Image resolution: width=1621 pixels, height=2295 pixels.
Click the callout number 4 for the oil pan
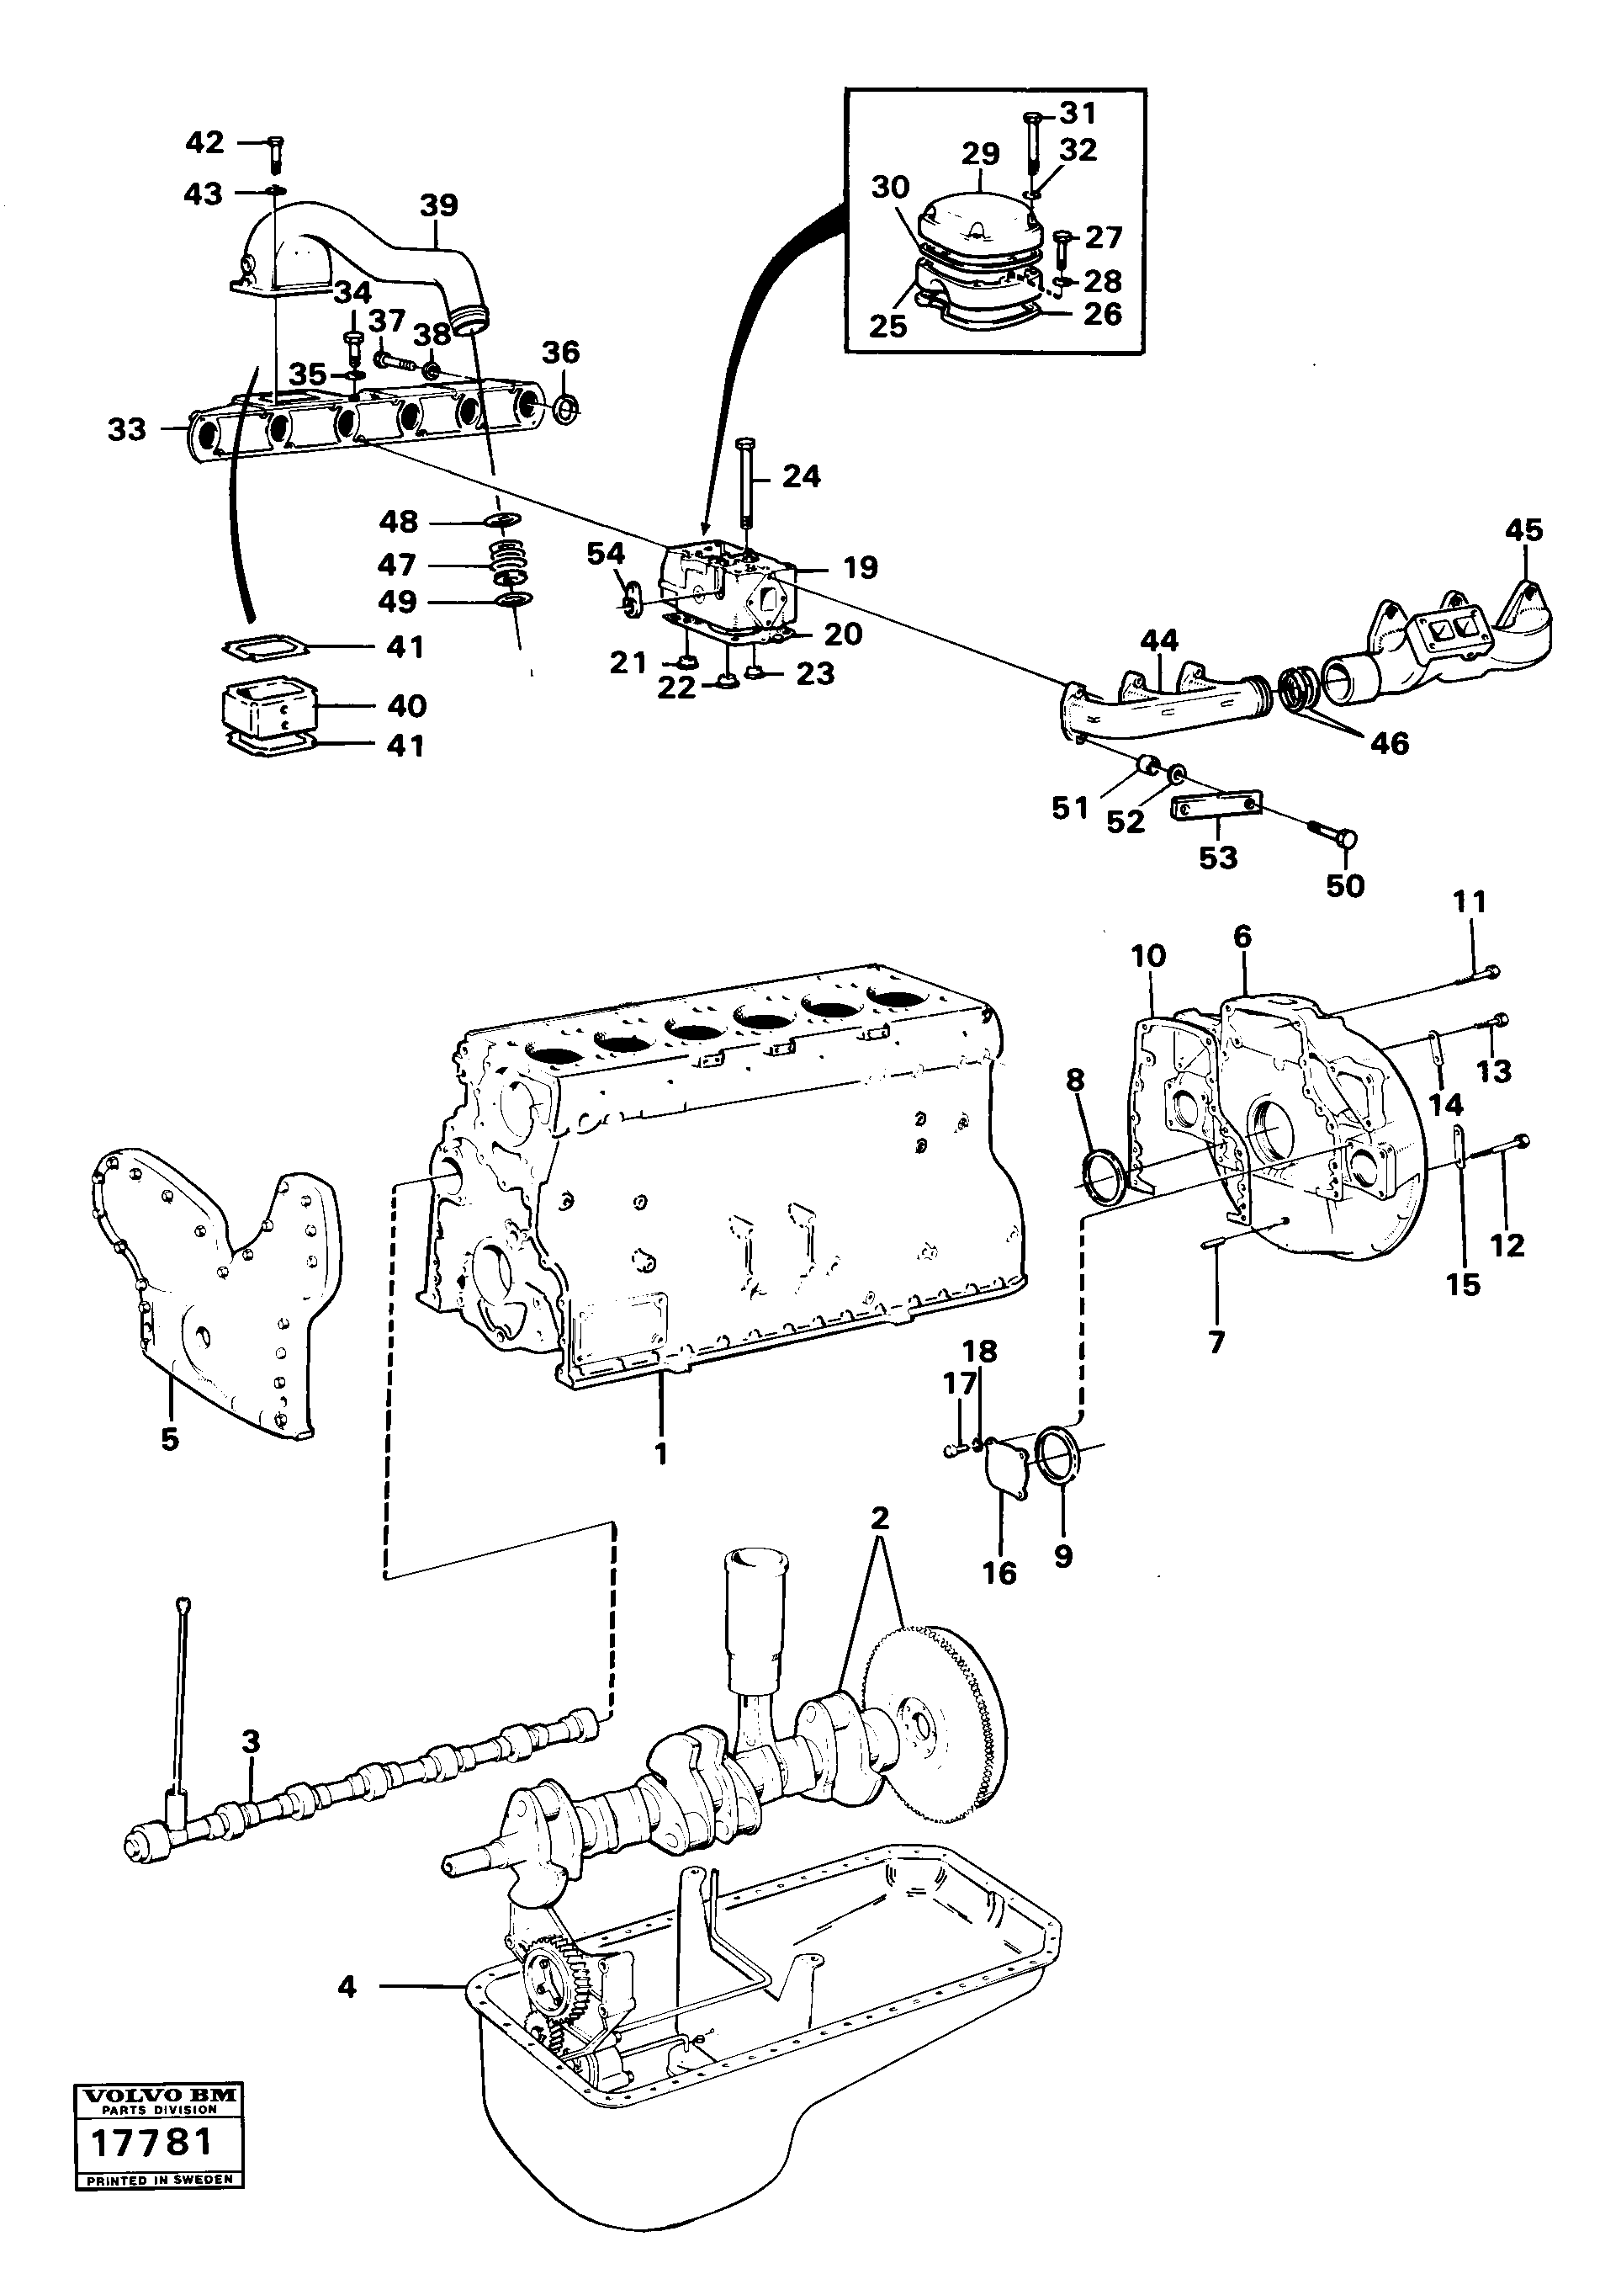point(347,1986)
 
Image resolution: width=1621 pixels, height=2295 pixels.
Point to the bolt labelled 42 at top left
point(275,152)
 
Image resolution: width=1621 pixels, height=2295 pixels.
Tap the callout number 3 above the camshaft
point(251,1741)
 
